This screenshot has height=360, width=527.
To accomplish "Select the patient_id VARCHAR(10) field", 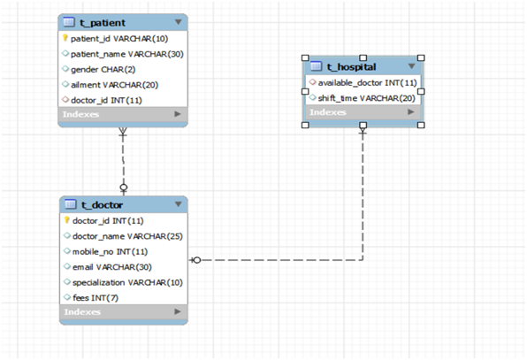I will tap(119, 39).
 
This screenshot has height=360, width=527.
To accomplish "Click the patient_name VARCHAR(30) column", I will tap(126, 54).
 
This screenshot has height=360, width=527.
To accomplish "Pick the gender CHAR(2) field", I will tap(103, 69).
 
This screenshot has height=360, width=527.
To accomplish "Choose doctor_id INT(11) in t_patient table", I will tap(106, 99).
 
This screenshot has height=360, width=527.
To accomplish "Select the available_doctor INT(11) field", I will tap(367, 82).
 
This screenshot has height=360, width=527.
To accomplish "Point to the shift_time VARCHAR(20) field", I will tap(366, 97).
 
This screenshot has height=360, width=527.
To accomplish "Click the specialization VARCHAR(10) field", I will tap(126, 281).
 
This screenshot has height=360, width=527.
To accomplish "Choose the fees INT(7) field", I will tap(94, 296).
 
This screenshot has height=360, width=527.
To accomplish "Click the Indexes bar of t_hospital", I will tap(362, 112).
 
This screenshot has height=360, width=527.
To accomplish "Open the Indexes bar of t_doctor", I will tap(123, 312).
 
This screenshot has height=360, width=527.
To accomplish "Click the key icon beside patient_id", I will tap(65, 39).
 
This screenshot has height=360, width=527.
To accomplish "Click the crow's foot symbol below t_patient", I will tap(123, 134).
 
